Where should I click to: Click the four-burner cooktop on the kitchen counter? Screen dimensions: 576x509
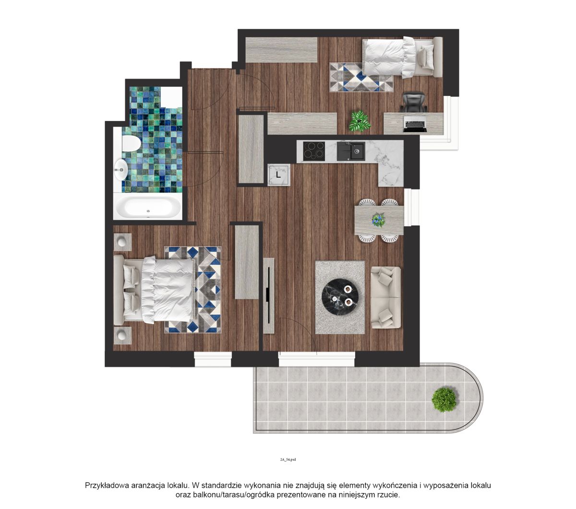click(314, 151)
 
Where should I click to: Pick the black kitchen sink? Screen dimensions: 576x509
click(351, 151)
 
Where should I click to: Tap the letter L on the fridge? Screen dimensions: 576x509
click(278, 174)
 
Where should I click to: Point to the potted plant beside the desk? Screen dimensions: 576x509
click(360, 121)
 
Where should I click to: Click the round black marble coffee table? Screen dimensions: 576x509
click(339, 298)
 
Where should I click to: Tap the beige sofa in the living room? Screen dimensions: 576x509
click(385, 297)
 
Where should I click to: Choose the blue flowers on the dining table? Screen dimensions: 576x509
click(378, 220)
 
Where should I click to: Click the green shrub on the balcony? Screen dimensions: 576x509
click(444, 400)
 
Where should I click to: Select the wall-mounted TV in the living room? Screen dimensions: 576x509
click(268, 296)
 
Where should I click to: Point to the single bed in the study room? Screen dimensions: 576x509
click(402, 57)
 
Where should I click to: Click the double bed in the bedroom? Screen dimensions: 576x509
click(155, 290)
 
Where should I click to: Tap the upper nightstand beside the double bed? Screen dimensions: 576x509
click(122, 242)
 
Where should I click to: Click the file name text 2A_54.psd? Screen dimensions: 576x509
click(288, 459)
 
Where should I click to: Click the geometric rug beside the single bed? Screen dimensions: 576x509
click(361, 77)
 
